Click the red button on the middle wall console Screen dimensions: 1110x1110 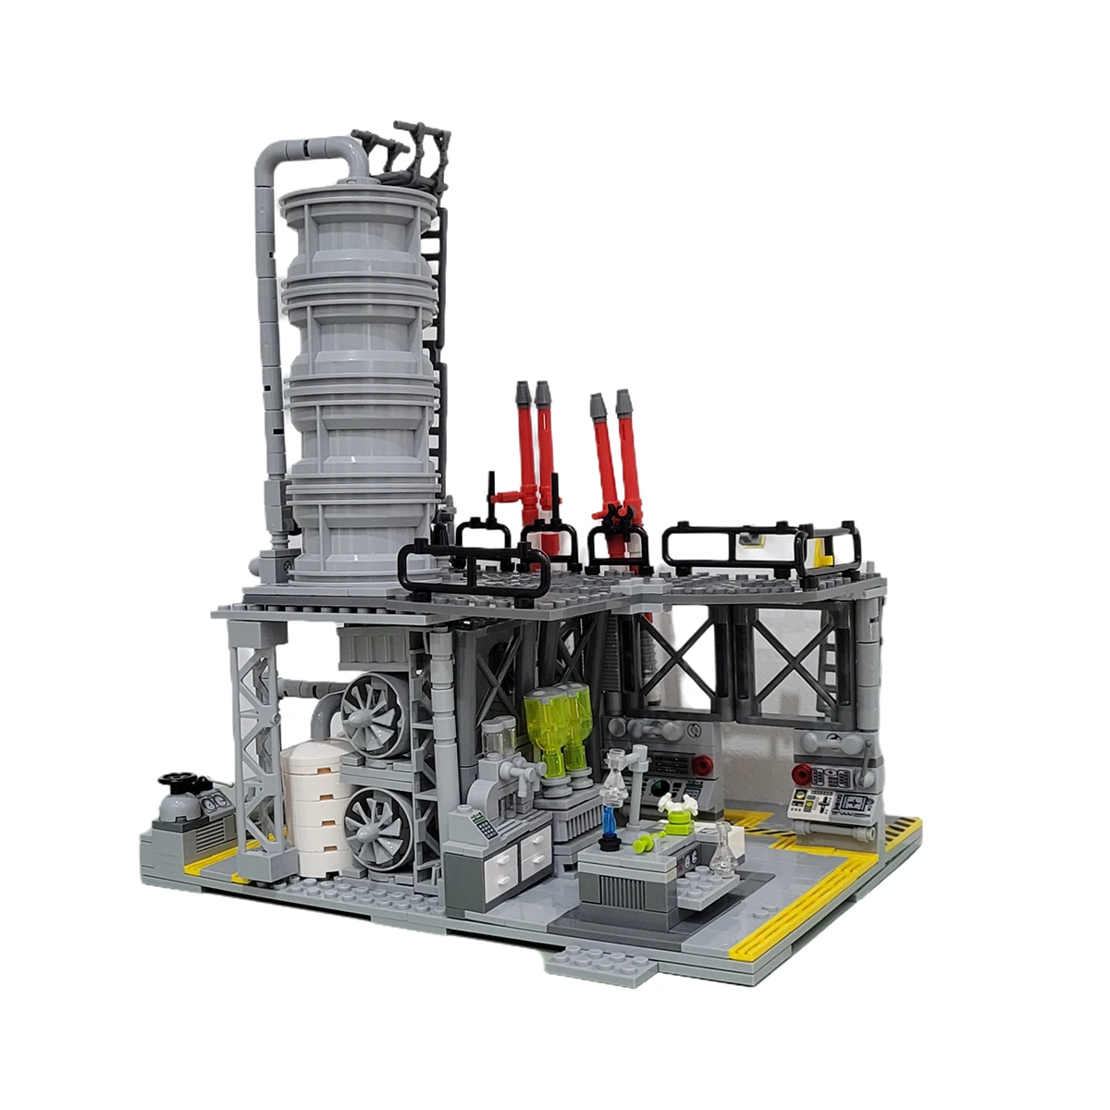pyautogui.click(x=704, y=764)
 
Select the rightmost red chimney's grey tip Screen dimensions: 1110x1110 pyautogui.click(x=624, y=401)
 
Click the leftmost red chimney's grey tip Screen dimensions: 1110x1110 pyautogui.click(x=523, y=394)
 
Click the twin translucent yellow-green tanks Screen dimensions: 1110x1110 pyautogui.click(x=561, y=731)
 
